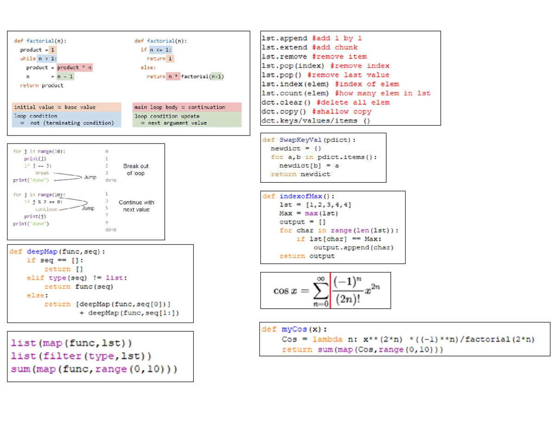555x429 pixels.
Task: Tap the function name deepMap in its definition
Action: [43, 252]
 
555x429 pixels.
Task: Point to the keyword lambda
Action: [327, 339]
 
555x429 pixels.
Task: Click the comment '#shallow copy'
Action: [341, 112]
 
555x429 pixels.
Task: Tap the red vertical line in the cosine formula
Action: [331, 291]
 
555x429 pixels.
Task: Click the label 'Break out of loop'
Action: [136, 169]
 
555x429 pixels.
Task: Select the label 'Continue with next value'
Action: [136, 206]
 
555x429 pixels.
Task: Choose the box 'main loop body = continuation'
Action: [187, 107]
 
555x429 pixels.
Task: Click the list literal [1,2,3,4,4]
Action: [325, 205]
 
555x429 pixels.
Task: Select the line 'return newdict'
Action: [301, 174]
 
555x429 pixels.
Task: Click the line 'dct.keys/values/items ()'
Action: [316, 121]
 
